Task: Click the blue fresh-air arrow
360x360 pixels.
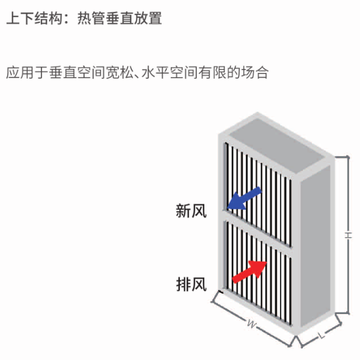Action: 244,198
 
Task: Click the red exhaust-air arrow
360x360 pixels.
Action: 250,272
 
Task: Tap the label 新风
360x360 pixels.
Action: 191,210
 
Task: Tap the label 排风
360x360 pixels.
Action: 191,284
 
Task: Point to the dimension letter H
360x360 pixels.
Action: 348,235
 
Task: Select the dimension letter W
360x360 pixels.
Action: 252,324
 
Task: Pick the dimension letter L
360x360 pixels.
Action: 322,336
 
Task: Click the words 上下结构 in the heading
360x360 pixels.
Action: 34,18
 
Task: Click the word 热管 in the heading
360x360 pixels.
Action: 91,18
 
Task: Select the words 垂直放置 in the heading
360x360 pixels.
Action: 133,18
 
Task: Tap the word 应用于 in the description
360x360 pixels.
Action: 27,72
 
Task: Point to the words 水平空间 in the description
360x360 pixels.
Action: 169,72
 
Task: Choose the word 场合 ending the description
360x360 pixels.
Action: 254,72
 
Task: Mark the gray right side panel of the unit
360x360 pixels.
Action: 316,246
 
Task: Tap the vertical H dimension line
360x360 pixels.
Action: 349,235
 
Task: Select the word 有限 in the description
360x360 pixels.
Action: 212,72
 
